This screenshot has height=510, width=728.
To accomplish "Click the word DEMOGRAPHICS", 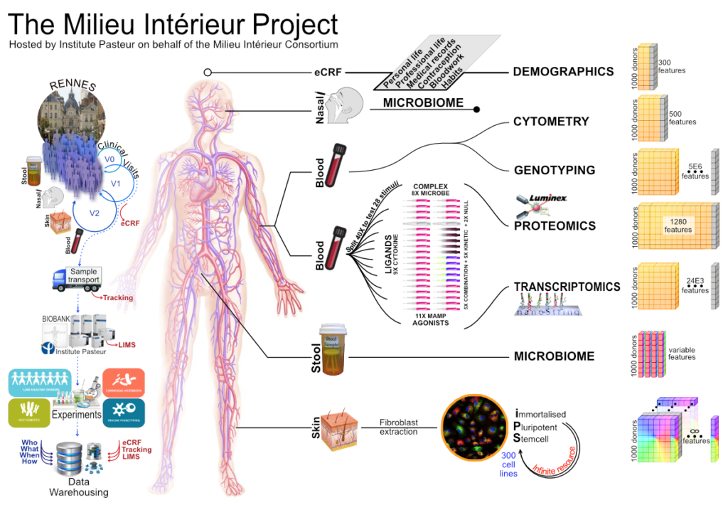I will (563, 71).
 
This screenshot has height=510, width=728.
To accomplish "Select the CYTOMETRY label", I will (551, 122).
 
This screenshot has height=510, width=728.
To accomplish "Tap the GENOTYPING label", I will (555, 170).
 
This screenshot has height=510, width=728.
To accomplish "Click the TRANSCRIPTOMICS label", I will (567, 287).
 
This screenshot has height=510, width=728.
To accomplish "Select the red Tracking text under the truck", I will (117, 297).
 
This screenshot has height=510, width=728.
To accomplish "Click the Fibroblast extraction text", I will (399, 427).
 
